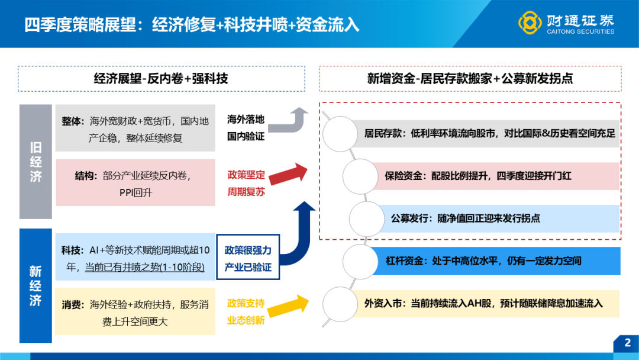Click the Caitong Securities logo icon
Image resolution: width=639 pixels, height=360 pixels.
pyautogui.click(x=530, y=22)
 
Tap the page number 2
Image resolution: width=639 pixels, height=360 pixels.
pyautogui.click(x=628, y=342)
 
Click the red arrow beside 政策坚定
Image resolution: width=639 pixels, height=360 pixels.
pyautogui.click(x=288, y=174)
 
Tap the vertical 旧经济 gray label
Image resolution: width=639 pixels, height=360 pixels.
pyautogui.click(x=36, y=162)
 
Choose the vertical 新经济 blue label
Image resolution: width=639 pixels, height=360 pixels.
pyautogui.click(x=36, y=285)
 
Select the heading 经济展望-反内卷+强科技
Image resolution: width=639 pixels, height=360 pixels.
pyautogui.click(x=161, y=78)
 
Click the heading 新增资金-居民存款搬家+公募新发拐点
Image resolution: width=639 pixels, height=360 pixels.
pyautogui.click(x=470, y=78)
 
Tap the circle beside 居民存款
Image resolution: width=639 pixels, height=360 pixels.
pyautogui.click(x=340, y=134)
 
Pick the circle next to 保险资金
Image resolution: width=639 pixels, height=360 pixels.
pyautogui.click(x=360, y=176)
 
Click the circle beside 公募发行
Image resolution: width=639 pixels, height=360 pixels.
pyautogui.click(x=367, y=218)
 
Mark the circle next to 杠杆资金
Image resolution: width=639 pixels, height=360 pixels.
pyautogui.click(x=360, y=261)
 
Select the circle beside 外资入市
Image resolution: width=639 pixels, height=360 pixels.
pyautogui.click(x=340, y=304)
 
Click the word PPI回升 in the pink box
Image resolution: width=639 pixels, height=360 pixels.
pyautogui.click(x=135, y=192)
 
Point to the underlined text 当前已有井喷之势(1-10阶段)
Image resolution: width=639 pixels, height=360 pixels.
pyautogui.click(x=145, y=268)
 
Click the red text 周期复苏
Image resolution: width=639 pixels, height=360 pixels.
pyautogui.click(x=246, y=191)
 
